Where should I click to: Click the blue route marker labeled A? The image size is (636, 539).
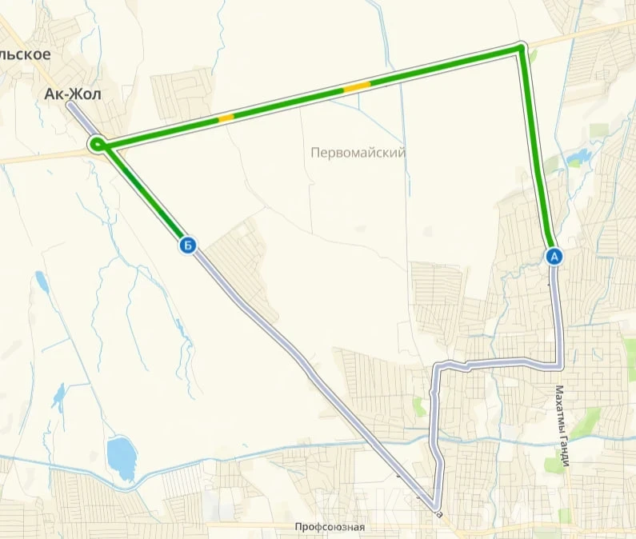554,256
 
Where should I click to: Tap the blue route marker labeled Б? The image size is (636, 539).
187,246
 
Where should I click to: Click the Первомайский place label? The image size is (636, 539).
358,152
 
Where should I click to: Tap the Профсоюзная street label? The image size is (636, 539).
329,527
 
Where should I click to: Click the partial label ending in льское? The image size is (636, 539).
26,54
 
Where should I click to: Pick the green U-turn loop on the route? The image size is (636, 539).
97,144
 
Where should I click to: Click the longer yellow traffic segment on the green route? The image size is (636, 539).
357,86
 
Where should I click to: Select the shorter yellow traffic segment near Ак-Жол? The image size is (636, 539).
226,118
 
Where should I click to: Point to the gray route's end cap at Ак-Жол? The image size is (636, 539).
70,106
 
